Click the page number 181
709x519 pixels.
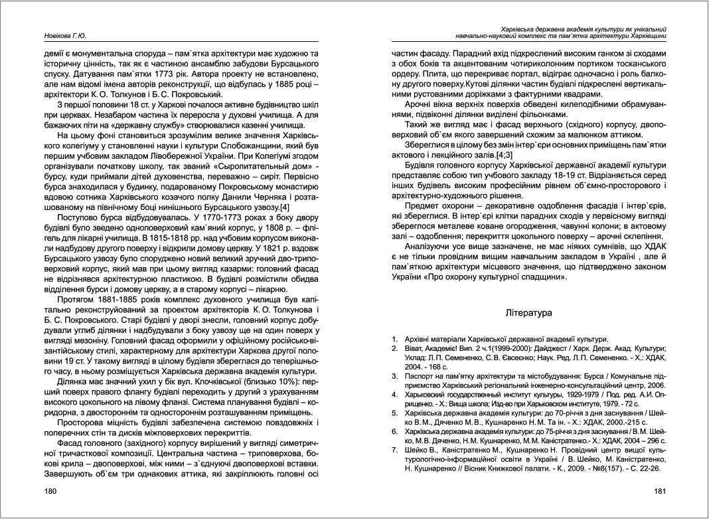(659, 491)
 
